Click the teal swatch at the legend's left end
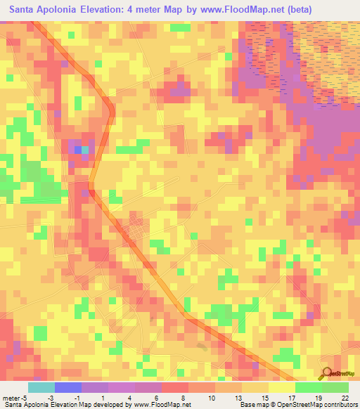point(41,387)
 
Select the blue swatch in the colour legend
point(68,387)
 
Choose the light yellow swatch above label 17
point(281,387)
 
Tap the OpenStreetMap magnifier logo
point(326,372)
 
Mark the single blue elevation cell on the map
point(77,149)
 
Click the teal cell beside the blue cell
point(85,149)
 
